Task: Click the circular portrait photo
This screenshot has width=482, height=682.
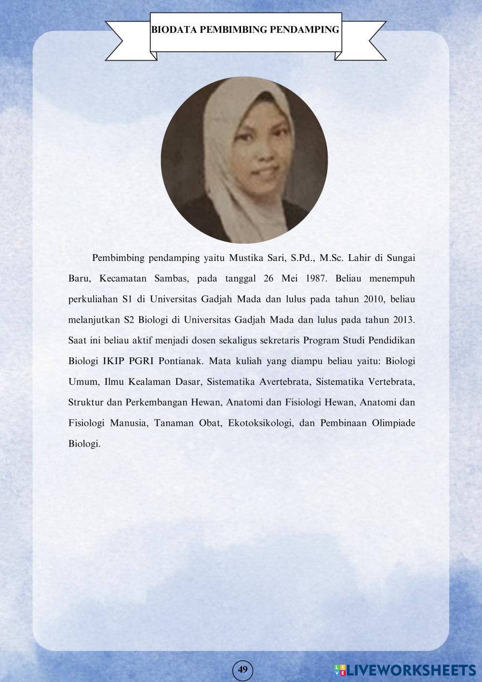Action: pyautogui.click(x=244, y=160)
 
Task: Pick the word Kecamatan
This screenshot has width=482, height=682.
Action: pyautogui.click(x=121, y=278)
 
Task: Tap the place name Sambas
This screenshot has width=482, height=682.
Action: pyautogui.click(x=171, y=278)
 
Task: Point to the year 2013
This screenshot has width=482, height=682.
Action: pyautogui.click(x=404, y=320)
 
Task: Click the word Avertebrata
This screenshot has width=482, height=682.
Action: pyautogui.click(x=284, y=382)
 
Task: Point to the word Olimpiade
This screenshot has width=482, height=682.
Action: pyautogui.click(x=393, y=423)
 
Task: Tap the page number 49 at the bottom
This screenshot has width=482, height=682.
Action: pyautogui.click(x=242, y=669)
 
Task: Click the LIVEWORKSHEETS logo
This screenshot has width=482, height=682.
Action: pyautogui.click(x=405, y=669)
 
